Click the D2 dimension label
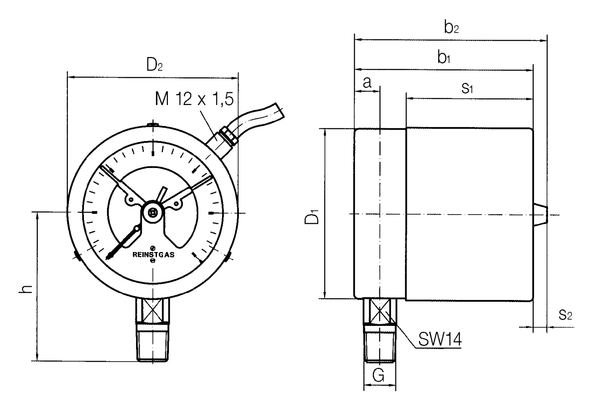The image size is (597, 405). (x=154, y=65)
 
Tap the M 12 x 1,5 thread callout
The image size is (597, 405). (x=194, y=99)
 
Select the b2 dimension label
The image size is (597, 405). (x=452, y=27)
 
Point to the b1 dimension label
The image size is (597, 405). (x=444, y=57)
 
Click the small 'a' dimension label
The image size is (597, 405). (x=367, y=82)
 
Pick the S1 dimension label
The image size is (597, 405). (x=467, y=88)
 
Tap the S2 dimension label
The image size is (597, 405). (x=565, y=315)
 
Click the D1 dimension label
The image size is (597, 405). (x=312, y=217)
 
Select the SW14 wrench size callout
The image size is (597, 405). (x=440, y=339)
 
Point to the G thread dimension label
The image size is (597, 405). (x=379, y=375)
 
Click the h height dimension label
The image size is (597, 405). (x=26, y=289)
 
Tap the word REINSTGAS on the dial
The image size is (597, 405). (x=154, y=255)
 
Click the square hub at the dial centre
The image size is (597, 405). (x=153, y=213)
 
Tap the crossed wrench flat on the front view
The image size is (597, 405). (x=153, y=310)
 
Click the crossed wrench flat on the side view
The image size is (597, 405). (x=380, y=310)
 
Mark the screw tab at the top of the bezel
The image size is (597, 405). (x=153, y=124)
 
